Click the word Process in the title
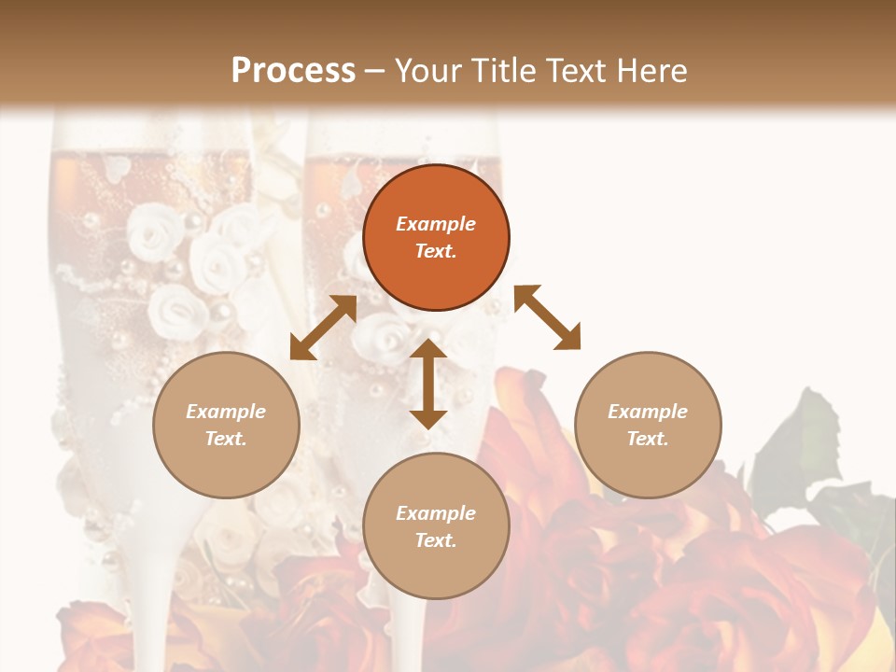293,71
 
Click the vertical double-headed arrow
428,384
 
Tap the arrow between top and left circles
323,328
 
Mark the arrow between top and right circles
548,317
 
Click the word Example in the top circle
436,224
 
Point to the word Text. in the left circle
226,439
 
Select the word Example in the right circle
648,412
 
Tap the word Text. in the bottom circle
436,540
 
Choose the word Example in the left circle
226,412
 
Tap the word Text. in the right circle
648,439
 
